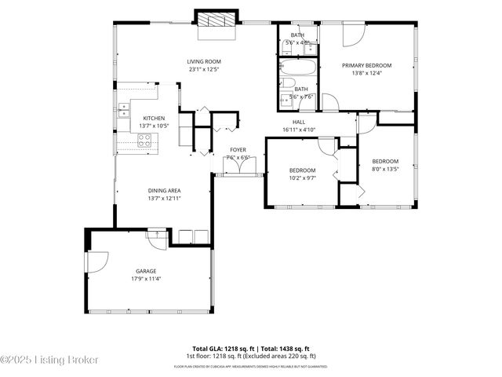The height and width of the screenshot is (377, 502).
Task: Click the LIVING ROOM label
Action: (x=204, y=61)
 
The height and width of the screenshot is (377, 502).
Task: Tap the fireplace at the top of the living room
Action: (x=215, y=21)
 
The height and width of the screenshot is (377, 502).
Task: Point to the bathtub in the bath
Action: (x=298, y=68)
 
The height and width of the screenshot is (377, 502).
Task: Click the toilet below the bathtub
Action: (x=287, y=85)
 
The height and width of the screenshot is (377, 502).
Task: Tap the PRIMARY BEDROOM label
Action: (x=366, y=65)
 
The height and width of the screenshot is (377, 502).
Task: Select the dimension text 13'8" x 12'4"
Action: (x=366, y=73)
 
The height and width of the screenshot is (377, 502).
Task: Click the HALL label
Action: (x=299, y=122)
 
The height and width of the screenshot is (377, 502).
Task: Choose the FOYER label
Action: (x=238, y=149)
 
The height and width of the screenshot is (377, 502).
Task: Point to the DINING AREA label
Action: (x=165, y=190)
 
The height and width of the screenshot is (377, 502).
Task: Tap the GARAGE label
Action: (x=147, y=271)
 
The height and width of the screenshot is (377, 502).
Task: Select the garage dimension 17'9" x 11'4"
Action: (x=147, y=279)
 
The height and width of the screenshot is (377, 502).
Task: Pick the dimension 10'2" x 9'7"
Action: (x=302, y=178)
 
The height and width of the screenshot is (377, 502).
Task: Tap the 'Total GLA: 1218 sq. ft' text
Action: (x=223, y=348)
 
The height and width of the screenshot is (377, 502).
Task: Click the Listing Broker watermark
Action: (x=50, y=360)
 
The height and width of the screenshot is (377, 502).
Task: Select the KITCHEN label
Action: (x=154, y=118)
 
